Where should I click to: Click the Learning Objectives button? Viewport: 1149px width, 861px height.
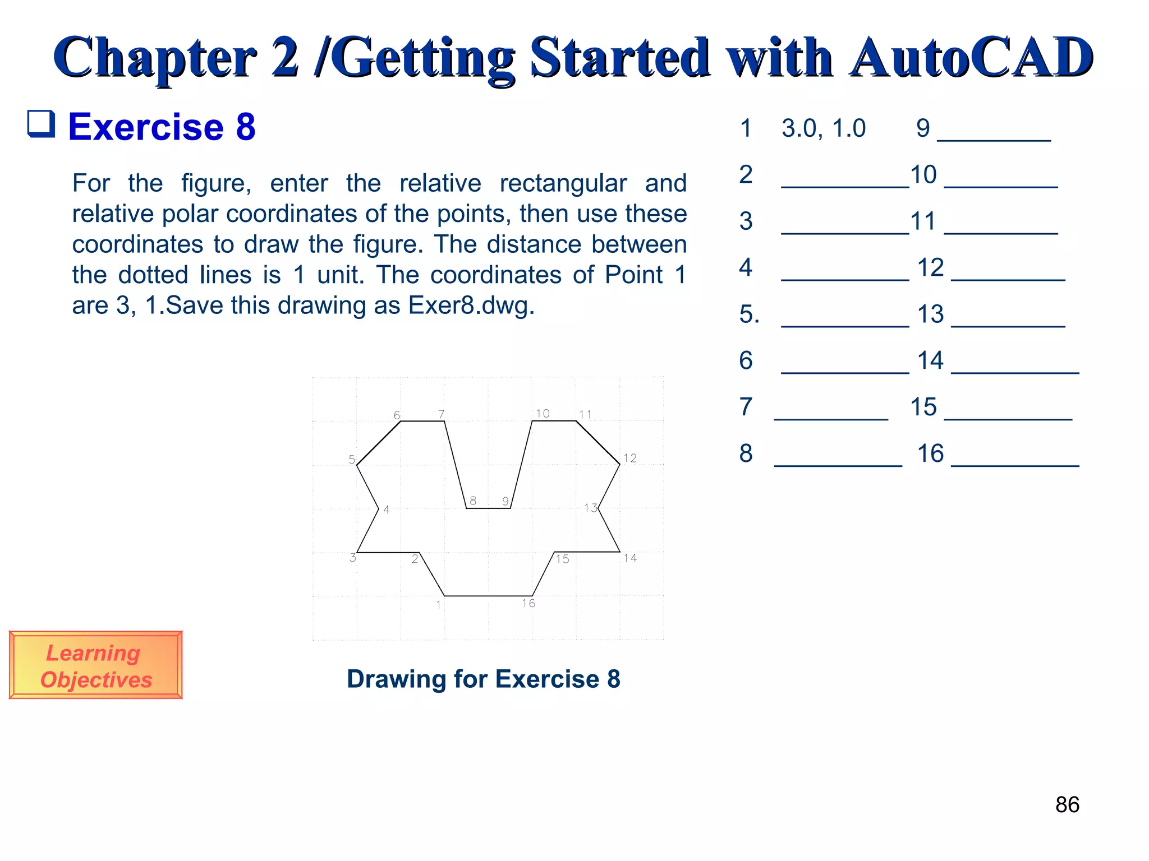(x=95, y=665)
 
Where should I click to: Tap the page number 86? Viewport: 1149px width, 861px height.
(x=1067, y=805)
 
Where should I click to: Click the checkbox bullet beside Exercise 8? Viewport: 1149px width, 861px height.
(x=42, y=124)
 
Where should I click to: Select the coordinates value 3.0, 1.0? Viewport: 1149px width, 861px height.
(x=823, y=128)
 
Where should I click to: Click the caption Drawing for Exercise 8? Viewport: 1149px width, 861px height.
(x=483, y=679)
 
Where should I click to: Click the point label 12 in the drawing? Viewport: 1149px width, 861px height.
(x=630, y=458)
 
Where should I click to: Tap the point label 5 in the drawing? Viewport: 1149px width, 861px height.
(x=352, y=460)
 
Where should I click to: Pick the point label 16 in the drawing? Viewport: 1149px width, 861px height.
(x=528, y=603)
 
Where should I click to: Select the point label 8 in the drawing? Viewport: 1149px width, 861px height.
(x=473, y=501)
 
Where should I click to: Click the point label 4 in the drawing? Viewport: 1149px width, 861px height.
(x=387, y=510)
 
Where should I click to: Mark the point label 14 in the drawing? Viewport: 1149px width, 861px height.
(x=630, y=558)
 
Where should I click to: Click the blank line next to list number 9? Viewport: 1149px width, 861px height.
(x=994, y=139)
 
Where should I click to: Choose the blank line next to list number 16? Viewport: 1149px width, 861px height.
(x=1015, y=464)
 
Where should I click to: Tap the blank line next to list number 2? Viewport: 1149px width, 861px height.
(x=844, y=186)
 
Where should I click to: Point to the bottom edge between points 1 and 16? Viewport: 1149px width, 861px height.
(x=488, y=596)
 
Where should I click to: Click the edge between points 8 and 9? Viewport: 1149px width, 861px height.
(x=488, y=508)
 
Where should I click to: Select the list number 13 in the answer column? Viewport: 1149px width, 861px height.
(x=930, y=314)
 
